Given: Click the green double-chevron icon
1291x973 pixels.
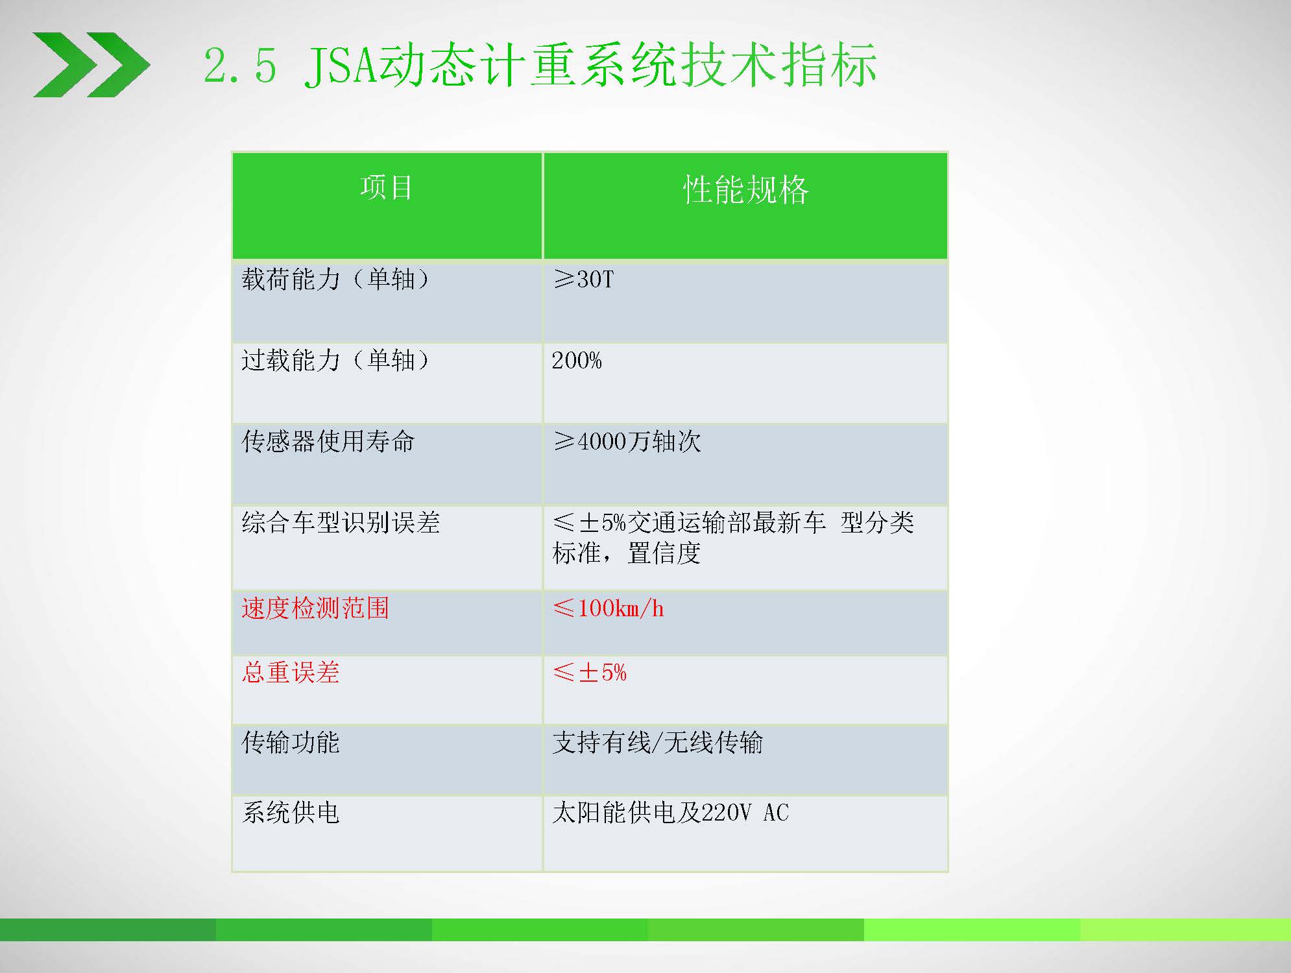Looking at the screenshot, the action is pos(91,65).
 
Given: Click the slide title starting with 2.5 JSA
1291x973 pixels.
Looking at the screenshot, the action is pos(540,65).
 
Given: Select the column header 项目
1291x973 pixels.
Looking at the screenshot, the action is pos(387,187).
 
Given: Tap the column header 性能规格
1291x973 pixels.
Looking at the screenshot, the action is pos(745,190).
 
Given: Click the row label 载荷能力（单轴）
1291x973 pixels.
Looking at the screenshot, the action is pos(335,280).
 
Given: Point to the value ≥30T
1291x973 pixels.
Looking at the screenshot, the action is pos(583,280).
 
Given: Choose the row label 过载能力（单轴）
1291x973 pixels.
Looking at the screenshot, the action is pos(335,360).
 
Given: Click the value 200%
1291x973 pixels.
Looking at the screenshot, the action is pos(577,361).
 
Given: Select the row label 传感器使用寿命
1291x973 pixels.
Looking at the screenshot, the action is pos(328,441).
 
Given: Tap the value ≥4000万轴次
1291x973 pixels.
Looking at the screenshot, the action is pos(627,442).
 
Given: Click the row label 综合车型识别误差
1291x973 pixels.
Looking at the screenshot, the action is pos(341,522).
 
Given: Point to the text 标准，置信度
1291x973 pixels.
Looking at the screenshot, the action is pos(627,553).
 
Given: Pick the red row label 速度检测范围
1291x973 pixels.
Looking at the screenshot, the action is pos(315,608).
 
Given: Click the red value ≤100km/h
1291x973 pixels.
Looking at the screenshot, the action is pos(609,608).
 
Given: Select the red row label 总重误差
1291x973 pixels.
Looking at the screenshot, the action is pos(291,672).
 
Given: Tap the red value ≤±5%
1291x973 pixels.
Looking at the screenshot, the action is pos(590,673).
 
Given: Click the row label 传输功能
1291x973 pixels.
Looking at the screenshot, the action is pos(291,743).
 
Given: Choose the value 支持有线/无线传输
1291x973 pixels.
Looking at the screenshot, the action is pos(658,743).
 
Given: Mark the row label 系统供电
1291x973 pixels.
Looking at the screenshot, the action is pos(291,813).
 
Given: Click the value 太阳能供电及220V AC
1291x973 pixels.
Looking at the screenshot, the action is pos(671,813).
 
